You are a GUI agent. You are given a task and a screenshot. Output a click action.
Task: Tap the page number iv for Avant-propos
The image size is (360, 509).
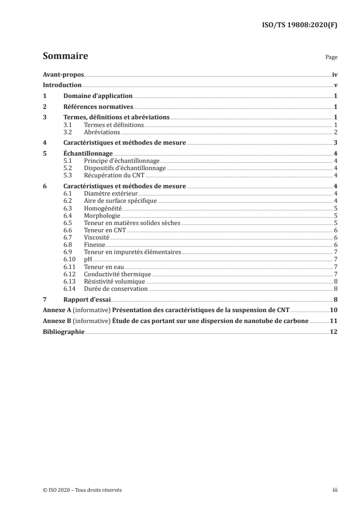tap(335, 74)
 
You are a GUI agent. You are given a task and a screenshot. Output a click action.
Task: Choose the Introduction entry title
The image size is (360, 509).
tap(62, 85)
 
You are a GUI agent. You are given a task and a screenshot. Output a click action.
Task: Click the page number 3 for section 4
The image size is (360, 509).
tap(335, 143)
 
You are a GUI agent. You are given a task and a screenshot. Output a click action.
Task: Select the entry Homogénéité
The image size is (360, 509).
tap(103, 208)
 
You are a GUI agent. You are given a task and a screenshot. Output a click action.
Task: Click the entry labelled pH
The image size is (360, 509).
tap(88, 259)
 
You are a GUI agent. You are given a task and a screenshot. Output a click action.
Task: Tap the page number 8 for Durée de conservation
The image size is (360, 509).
tap(335, 289)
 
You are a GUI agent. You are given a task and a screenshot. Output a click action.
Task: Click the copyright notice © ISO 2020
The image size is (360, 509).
tap(82, 490)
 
